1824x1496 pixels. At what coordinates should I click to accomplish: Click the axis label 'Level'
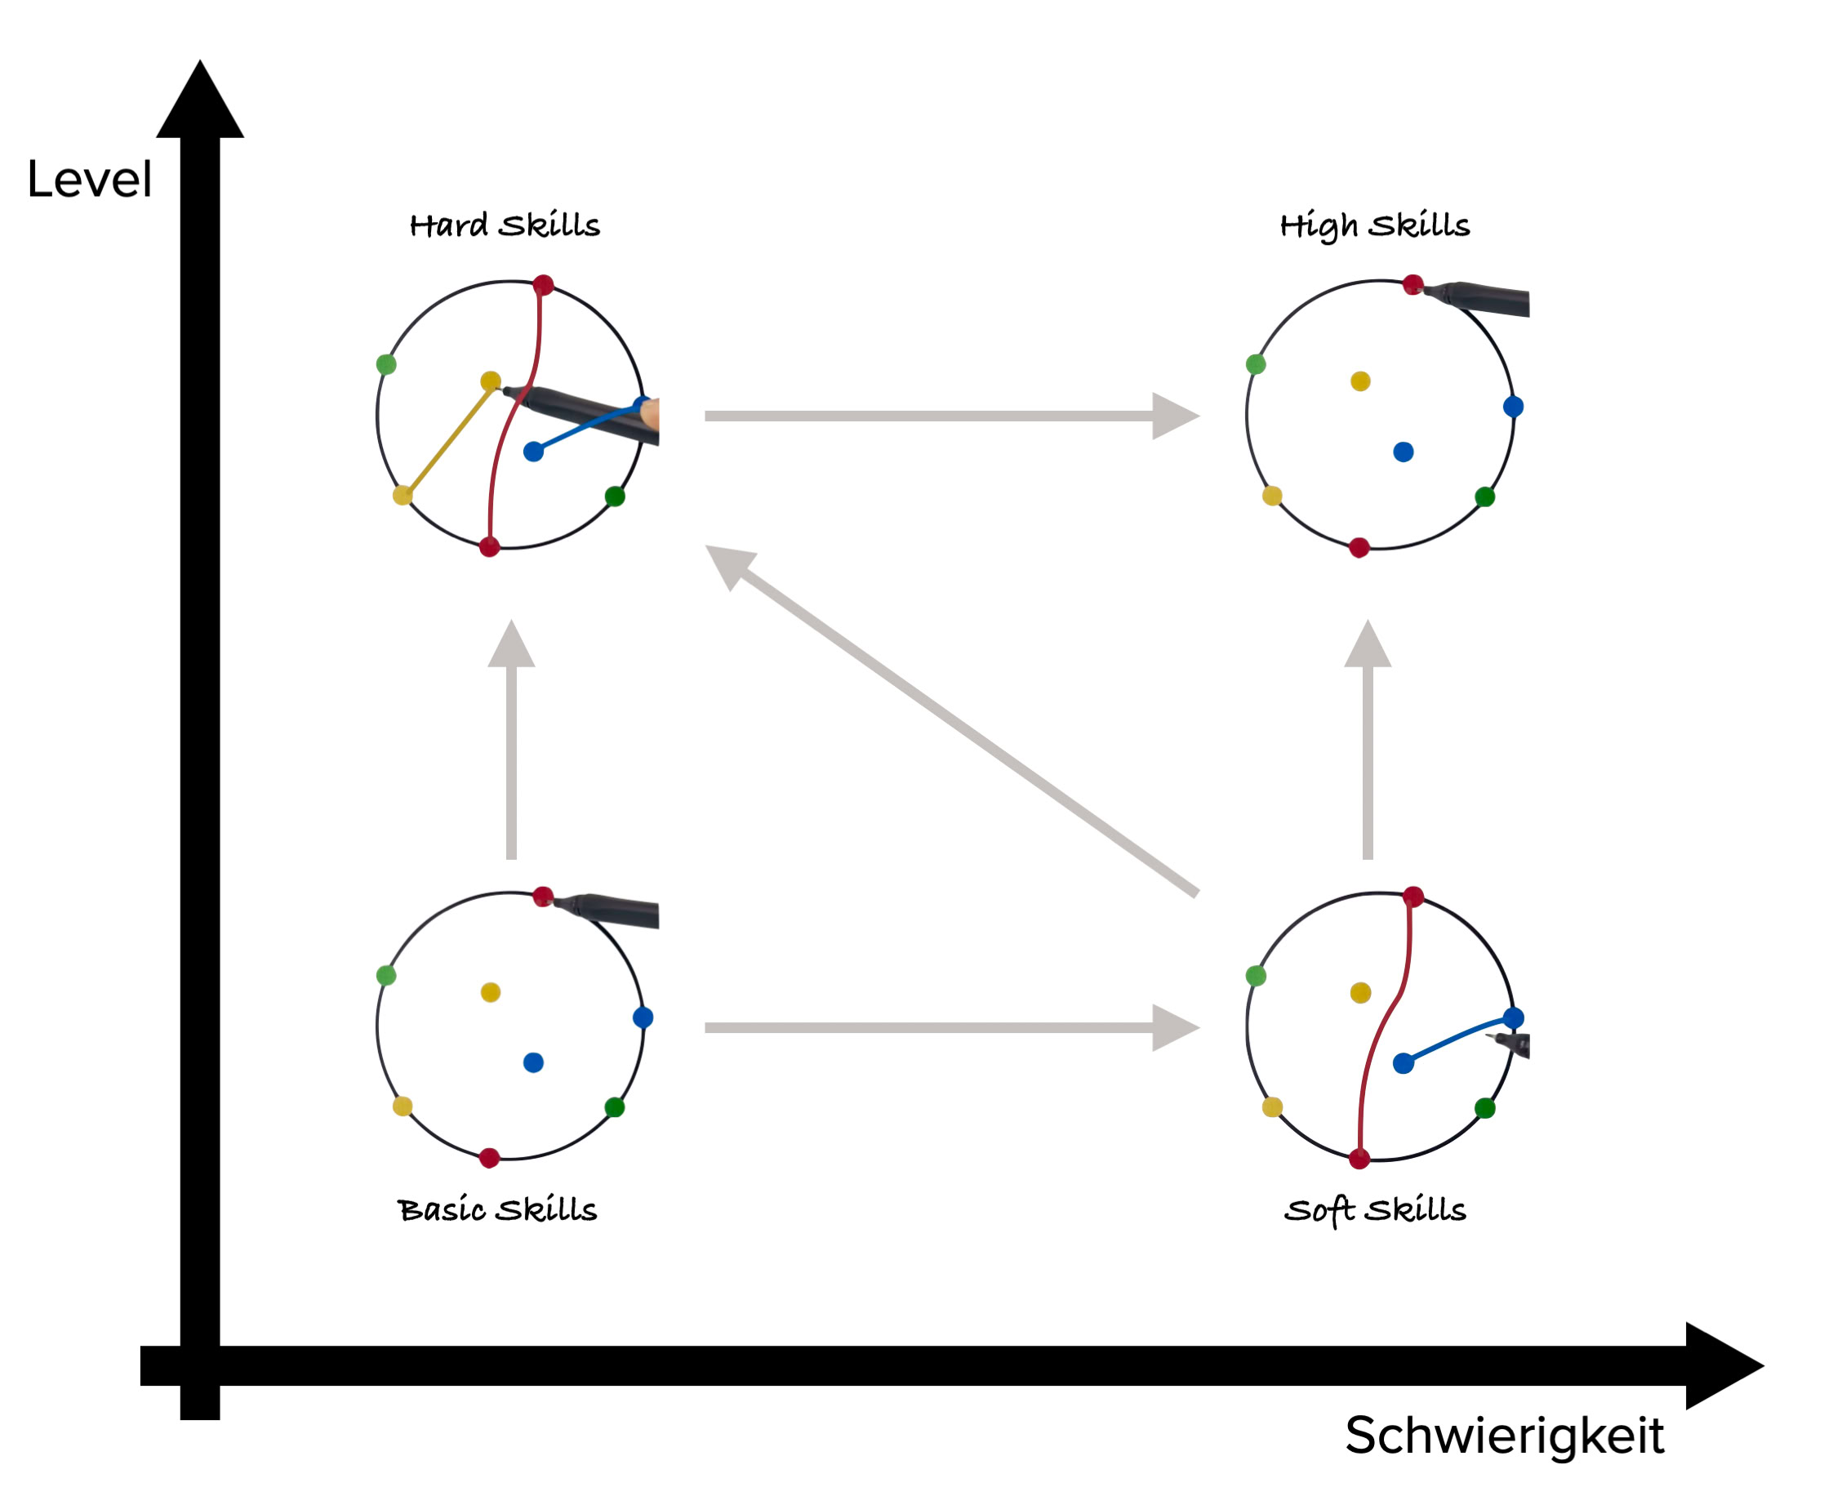point(90,180)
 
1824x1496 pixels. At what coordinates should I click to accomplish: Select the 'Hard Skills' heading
point(504,225)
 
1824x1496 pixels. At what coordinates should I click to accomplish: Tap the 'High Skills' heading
point(1374,225)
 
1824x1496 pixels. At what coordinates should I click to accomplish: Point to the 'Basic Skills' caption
point(497,1210)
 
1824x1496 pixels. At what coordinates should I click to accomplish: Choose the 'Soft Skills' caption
point(1375,1210)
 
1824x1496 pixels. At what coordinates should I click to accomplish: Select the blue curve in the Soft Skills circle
point(1456,1039)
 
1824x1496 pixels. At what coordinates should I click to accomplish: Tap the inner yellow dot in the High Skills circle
point(1360,381)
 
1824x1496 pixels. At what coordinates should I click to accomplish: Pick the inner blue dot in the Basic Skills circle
point(533,1062)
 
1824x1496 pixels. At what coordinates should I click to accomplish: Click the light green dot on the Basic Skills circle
point(386,976)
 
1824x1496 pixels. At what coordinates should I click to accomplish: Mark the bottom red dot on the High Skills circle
point(1359,547)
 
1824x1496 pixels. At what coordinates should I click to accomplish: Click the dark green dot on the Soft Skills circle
point(1484,1108)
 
